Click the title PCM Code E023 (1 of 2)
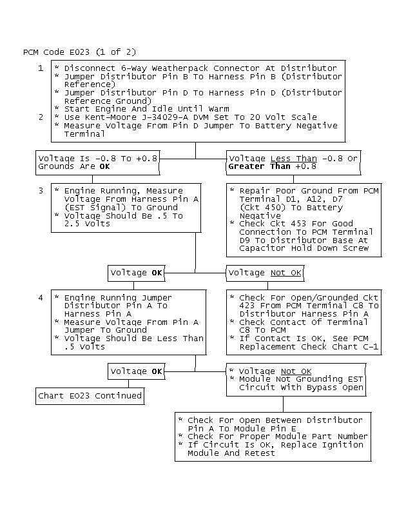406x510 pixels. pos(80,52)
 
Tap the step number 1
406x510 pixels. pos(41,68)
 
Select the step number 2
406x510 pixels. pos(41,117)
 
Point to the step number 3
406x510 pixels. pos(41,191)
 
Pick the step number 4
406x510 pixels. pos(41,297)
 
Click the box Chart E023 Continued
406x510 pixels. pos(90,395)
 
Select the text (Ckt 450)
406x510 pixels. pos(260,208)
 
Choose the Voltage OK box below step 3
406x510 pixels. pos(136,273)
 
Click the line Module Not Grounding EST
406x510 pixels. pos(300,380)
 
